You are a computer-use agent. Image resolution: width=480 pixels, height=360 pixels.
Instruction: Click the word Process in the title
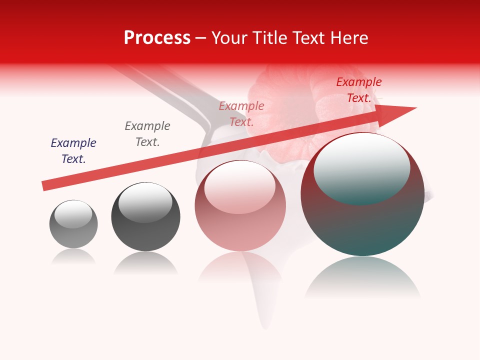(x=157, y=38)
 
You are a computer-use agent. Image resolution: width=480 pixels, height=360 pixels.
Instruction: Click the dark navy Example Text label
(x=73, y=151)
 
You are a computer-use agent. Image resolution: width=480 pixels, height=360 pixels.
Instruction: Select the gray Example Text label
(x=147, y=134)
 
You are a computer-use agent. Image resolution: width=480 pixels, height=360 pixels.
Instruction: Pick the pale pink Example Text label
(x=241, y=113)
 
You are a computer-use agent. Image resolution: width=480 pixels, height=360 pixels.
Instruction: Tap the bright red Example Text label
(x=359, y=90)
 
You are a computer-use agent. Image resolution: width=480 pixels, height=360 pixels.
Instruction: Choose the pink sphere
(x=240, y=206)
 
